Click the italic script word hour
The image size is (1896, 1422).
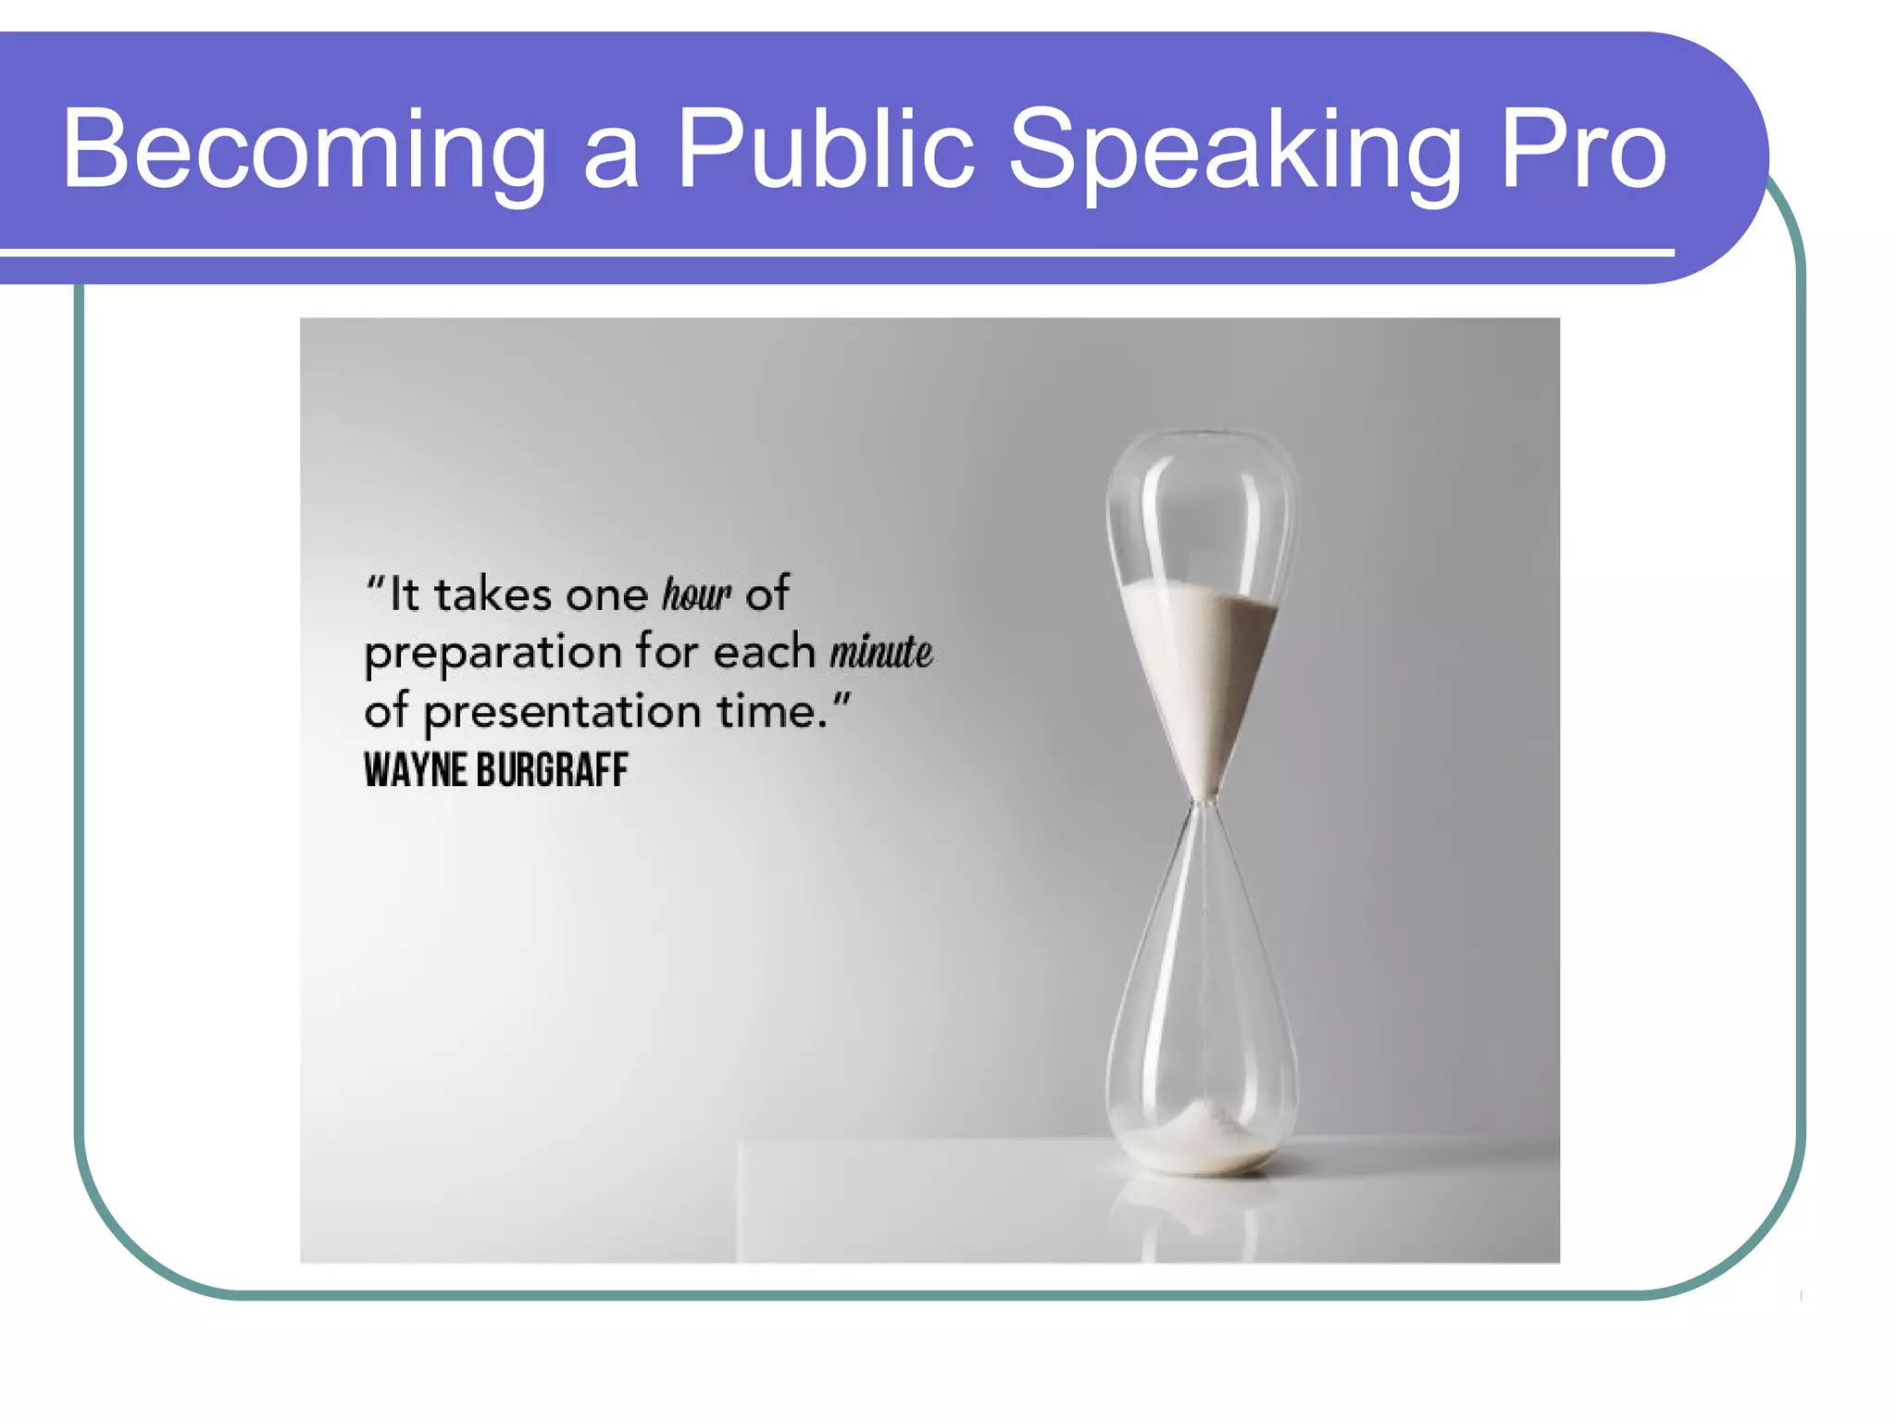coord(696,594)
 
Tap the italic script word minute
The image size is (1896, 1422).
coord(880,652)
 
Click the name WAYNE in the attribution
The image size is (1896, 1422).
coord(415,770)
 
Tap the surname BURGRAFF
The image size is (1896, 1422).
coord(553,770)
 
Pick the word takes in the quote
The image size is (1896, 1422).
coord(493,594)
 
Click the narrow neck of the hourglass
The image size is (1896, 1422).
coord(1203,802)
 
